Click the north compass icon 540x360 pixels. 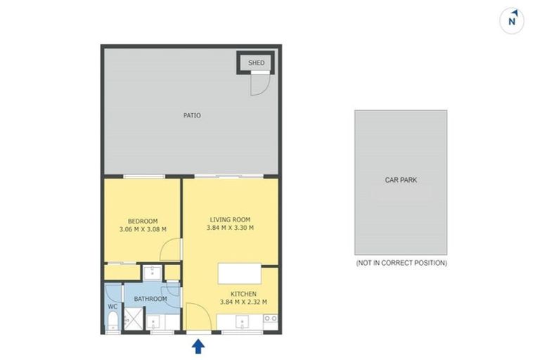[513, 20]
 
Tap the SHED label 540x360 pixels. [257, 63]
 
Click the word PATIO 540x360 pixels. [192, 115]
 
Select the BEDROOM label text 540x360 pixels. [143, 219]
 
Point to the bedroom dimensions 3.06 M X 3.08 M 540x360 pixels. [143, 229]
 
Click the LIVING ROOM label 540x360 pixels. [230, 219]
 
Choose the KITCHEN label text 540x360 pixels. [243, 294]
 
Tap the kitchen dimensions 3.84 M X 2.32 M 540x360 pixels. [243, 303]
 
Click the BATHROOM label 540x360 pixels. [150, 300]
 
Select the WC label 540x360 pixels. [112, 307]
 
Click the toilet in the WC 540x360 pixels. [112, 323]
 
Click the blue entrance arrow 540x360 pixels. [198, 345]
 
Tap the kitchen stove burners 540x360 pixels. [271, 321]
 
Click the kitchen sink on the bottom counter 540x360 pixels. [243, 322]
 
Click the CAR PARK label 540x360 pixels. [401, 180]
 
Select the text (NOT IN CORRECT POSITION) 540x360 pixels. [401, 263]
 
